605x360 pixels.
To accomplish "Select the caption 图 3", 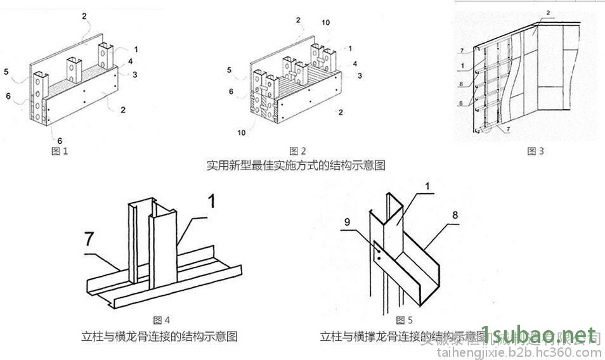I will pos(536,151).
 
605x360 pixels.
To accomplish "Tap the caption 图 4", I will pos(162,320).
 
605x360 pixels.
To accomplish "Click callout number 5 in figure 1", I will pos(6,72).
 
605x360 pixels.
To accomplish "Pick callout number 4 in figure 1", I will pos(129,62).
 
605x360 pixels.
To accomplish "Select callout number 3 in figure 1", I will pos(135,74).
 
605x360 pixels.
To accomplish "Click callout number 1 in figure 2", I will pos(349,48).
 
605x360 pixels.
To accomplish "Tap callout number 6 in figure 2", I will pos(231,91).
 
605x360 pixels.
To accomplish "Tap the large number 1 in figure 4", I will pos(212,202).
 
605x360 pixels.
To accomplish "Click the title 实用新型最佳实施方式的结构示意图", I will pos(296,165).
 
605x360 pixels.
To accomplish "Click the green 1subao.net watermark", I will pos(541,334).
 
